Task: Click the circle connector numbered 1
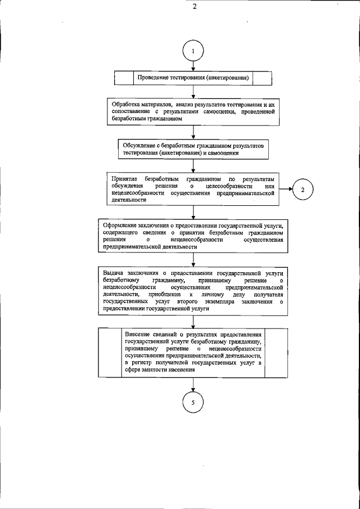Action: (193, 50)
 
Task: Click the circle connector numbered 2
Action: (303, 189)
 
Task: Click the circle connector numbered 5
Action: (193, 403)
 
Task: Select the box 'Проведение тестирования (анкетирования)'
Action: (193, 77)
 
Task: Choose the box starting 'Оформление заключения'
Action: (193, 235)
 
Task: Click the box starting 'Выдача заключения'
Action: (193, 289)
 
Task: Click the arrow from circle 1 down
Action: (193, 65)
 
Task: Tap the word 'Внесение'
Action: (139, 334)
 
